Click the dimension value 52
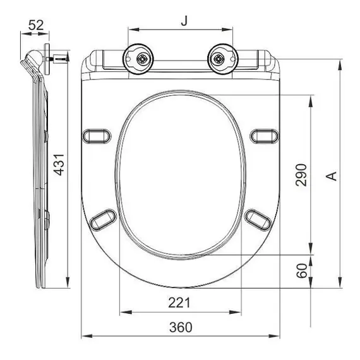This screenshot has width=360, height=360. [36, 25]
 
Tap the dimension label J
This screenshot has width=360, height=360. [184, 21]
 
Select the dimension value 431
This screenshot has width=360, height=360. [59, 165]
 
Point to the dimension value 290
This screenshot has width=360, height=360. [301, 175]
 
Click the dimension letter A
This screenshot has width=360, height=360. [332, 176]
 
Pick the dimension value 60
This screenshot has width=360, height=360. [302, 271]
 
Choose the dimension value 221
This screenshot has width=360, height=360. [179, 303]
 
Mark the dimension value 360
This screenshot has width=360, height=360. [181, 327]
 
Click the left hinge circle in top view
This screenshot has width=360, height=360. [138, 59]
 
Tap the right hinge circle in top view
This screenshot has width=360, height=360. [223, 59]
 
